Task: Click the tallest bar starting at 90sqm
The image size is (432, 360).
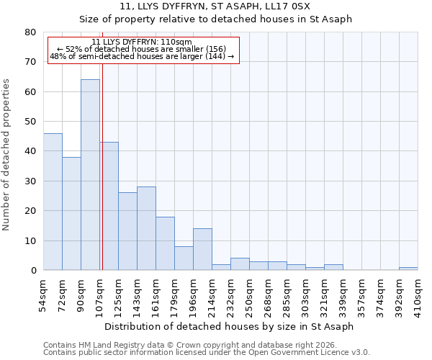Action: tap(90, 175)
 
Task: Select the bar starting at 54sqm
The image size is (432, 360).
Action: tap(53, 202)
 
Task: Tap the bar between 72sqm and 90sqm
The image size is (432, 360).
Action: tap(71, 214)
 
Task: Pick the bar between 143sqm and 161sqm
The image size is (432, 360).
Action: tap(146, 228)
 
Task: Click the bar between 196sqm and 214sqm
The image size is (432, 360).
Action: tap(202, 249)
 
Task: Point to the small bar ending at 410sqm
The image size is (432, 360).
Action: tap(408, 269)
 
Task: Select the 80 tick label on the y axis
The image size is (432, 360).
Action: tap(30, 32)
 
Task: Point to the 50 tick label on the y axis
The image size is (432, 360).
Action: tap(30, 122)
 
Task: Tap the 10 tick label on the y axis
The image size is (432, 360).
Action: tap(30, 240)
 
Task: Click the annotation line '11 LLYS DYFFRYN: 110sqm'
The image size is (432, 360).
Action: tap(142, 42)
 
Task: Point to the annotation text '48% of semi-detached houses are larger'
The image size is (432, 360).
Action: tap(142, 57)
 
